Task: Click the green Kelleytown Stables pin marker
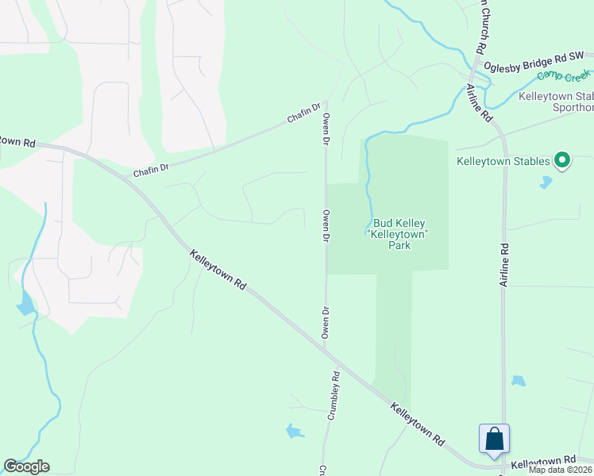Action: (562, 161)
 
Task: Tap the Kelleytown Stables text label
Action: (503, 161)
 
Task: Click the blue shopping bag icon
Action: (493, 439)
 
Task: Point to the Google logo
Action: (26, 466)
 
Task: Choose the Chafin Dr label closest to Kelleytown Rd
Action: (151, 168)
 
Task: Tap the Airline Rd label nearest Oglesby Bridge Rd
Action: (479, 103)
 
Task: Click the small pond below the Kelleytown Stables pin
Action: (546, 182)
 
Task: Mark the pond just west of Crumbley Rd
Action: (294, 432)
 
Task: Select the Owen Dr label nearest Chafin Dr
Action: (326, 129)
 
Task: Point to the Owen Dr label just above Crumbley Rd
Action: (325, 323)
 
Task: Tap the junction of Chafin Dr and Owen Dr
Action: (326, 102)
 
